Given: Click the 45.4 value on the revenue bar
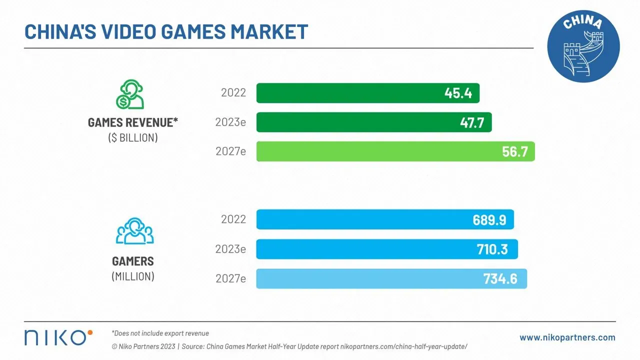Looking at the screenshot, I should pyautogui.click(x=458, y=93).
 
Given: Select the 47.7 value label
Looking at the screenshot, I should pyautogui.click(x=472, y=122).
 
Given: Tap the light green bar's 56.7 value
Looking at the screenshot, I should pyautogui.click(x=514, y=151).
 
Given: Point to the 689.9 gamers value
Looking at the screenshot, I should pyautogui.click(x=489, y=219).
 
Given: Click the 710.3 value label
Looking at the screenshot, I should pyautogui.click(x=492, y=249).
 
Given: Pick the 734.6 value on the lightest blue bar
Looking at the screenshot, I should pyautogui.click(x=500, y=278).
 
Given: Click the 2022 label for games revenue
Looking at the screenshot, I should pyautogui.click(x=233, y=93).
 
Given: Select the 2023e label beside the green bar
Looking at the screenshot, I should pyautogui.click(x=230, y=122).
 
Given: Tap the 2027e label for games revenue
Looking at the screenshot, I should pyautogui.click(x=230, y=151).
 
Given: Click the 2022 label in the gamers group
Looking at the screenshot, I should pyautogui.click(x=233, y=219).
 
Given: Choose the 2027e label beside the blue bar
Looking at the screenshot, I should pyautogui.click(x=230, y=278).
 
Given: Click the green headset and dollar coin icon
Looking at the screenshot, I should pyautogui.click(x=130, y=94).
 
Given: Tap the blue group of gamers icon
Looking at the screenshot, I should pyautogui.click(x=134, y=231).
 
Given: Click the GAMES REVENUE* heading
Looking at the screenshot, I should pyautogui.click(x=133, y=123).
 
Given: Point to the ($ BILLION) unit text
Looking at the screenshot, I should pyautogui.click(x=133, y=138).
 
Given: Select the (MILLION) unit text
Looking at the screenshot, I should pyautogui.click(x=133, y=276).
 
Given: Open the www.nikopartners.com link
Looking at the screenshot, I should pyautogui.click(x=567, y=337).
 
